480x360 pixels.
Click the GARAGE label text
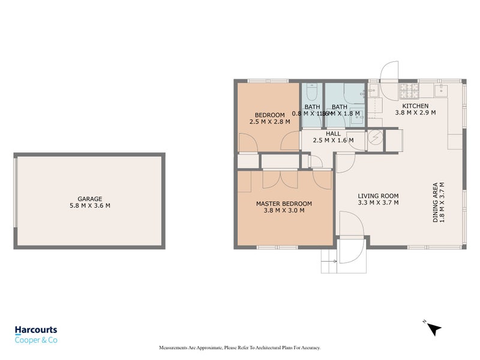[89, 199]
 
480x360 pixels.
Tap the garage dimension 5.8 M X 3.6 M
[89, 206]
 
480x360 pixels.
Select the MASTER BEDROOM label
[284, 203]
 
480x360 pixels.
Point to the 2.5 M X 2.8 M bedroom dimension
[269, 122]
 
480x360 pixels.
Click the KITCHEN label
[415, 106]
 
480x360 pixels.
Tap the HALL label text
[334, 134]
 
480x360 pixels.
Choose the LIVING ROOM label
[378, 196]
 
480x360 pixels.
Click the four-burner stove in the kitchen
[409, 91]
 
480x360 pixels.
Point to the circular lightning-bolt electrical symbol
[374, 138]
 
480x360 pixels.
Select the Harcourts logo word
[36, 330]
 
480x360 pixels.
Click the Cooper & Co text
[36, 340]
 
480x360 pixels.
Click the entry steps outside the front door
[329, 256]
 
